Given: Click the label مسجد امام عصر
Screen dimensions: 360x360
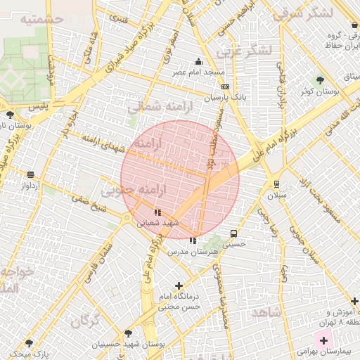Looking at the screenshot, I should tap(199, 72).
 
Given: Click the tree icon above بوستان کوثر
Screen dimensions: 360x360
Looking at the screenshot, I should tap(321, 79).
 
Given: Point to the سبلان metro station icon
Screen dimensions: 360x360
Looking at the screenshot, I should tap(276, 184).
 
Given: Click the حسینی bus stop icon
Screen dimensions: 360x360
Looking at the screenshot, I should tap(233, 233).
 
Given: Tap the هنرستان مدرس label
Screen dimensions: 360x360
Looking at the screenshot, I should tap(200, 251).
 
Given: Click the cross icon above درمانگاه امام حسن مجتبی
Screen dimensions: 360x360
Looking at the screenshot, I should tap(179, 285).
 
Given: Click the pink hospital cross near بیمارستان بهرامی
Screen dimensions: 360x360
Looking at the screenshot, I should tap(323, 340).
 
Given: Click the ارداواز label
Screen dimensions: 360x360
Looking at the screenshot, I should tap(32, 186).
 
